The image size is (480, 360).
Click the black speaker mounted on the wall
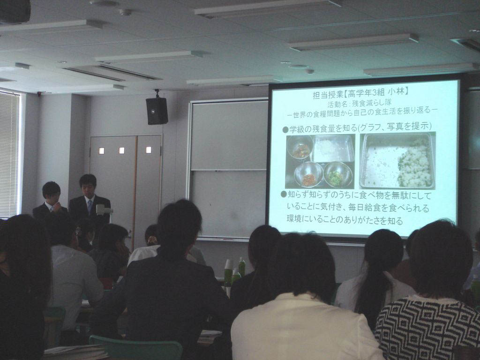click(x=157, y=111)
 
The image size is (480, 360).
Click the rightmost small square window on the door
click(x=149, y=150)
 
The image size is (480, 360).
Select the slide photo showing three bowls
click(x=320, y=161)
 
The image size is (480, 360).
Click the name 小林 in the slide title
click(x=398, y=92)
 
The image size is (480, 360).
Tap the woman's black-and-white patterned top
click(x=427, y=328)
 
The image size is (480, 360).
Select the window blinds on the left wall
click(x=10, y=155)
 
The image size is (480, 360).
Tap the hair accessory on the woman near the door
click(x=151, y=240)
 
